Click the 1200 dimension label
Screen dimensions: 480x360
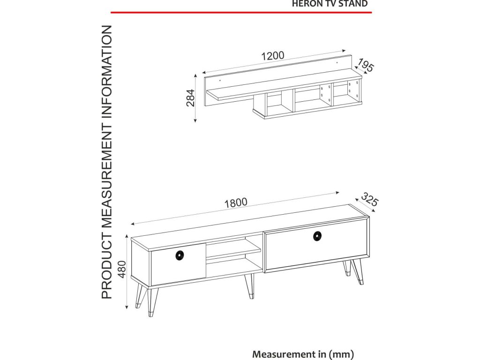(273, 56)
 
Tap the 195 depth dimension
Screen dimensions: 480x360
(366, 66)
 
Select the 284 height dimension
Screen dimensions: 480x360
(190, 98)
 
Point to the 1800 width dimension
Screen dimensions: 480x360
(236, 203)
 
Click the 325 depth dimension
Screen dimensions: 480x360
(370, 199)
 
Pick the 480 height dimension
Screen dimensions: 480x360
(122, 269)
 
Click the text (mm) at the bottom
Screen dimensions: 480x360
(341, 354)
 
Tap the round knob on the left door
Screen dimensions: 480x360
(180, 255)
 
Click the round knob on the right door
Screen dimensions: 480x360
(317, 236)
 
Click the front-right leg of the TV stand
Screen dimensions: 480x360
(358, 272)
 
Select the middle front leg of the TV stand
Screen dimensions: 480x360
(249, 286)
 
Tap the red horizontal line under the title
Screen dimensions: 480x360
(241, 13)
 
